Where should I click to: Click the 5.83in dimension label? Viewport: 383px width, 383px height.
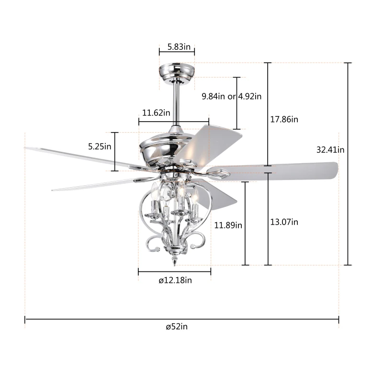point(179,47)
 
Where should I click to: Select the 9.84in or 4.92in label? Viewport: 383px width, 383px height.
point(232,96)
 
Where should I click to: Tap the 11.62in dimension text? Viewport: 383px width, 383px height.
point(156,113)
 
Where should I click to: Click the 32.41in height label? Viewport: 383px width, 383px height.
point(330,149)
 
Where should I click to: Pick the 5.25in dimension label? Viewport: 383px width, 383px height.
point(100,146)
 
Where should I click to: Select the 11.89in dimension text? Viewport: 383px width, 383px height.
point(228,225)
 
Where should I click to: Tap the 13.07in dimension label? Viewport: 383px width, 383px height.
point(284,222)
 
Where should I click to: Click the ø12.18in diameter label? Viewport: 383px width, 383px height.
point(175,281)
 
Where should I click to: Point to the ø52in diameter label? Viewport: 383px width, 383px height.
point(177,327)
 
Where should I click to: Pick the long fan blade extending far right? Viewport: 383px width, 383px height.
point(282,169)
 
